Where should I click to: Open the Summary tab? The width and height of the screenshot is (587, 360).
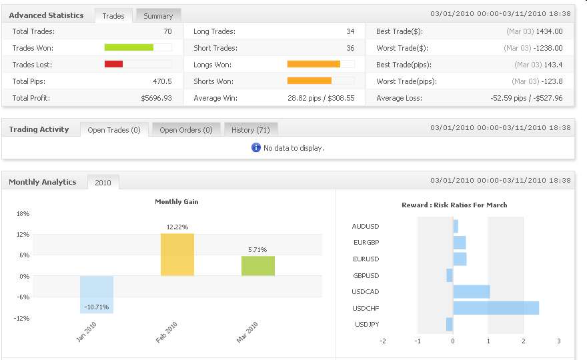(x=158, y=15)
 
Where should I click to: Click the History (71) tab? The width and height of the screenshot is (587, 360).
(x=250, y=130)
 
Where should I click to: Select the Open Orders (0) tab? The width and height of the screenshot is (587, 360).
(x=186, y=130)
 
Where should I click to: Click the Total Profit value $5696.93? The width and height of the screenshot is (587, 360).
(x=156, y=98)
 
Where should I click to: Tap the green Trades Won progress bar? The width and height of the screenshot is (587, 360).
(x=129, y=47)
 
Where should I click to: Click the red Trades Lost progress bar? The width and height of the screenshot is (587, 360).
(x=113, y=64)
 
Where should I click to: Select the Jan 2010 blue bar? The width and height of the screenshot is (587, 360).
(x=97, y=294)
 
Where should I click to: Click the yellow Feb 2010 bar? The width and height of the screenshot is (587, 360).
(x=177, y=254)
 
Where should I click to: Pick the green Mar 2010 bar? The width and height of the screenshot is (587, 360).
(x=258, y=265)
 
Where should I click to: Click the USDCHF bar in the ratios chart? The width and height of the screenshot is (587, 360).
(x=496, y=308)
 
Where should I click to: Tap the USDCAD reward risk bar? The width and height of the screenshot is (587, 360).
(x=471, y=291)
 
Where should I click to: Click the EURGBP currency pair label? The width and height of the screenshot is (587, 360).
(x=366, y=243)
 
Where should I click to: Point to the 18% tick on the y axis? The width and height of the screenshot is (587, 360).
(x=23, y=214)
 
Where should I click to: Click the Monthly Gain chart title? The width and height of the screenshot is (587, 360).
(x=177, y=202)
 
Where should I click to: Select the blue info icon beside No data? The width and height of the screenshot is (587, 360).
(x=256, y=147)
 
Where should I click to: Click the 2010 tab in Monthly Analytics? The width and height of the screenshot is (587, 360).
(x=103, y=182)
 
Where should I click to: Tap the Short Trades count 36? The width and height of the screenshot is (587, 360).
(x=350, y=48)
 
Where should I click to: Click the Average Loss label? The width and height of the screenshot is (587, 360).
(x=399, y=98)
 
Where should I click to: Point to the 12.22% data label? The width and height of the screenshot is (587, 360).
(x=177, y=227)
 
